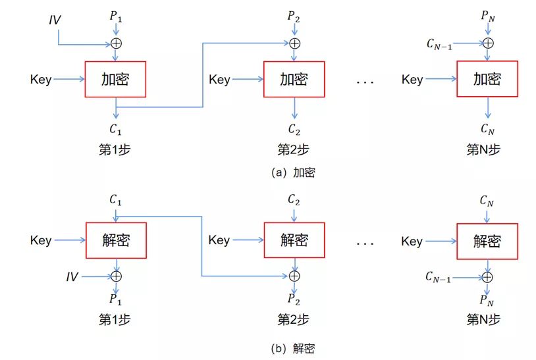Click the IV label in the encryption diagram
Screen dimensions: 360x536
point(55,20)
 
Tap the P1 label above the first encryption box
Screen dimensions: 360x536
point(116,16)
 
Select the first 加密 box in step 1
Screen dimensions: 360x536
point(115,80)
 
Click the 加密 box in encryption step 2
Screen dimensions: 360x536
point(294,80)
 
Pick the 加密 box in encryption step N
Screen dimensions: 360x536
point(487,80)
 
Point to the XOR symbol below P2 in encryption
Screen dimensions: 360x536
point(294,43)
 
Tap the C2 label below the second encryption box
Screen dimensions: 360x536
point(294,128)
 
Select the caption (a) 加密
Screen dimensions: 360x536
point(293,173)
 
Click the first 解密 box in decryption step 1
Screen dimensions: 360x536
point(115,240)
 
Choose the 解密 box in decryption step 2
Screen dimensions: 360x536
point(294,240)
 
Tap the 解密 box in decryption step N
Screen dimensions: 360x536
point(487,241)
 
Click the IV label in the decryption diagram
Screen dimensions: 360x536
point(71,277)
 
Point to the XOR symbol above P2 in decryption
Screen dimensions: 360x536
point(294,276)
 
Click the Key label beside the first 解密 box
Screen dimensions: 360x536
point(41,240)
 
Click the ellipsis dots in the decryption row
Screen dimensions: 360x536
point(365,244)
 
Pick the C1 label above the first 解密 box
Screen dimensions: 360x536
point(116,199)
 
